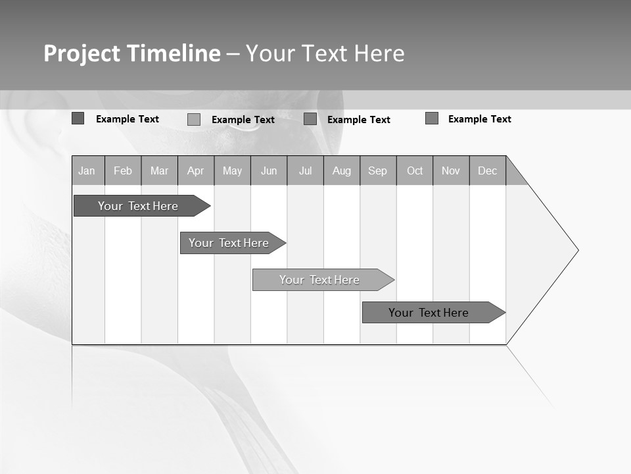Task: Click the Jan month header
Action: tap(87, 171)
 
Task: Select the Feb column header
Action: tap(123, 171)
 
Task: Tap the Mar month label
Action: tap(159, 171)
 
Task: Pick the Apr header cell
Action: tap(196, 171)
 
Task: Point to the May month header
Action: tap(232, 171)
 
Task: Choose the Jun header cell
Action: tap(269, 171)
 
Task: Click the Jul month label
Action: tap(305, 171)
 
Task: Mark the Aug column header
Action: tap(342, 171)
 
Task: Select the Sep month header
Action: tap(378, 171)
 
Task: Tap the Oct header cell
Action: tap(415, 171)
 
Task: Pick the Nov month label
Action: tap(451, 171)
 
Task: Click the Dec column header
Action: tap(488, 171)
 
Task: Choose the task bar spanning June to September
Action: tap(320, 280)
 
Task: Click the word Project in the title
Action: tap(82, 54)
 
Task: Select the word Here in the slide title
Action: tap(379, 54)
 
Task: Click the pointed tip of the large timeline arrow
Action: tap(576, 250)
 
